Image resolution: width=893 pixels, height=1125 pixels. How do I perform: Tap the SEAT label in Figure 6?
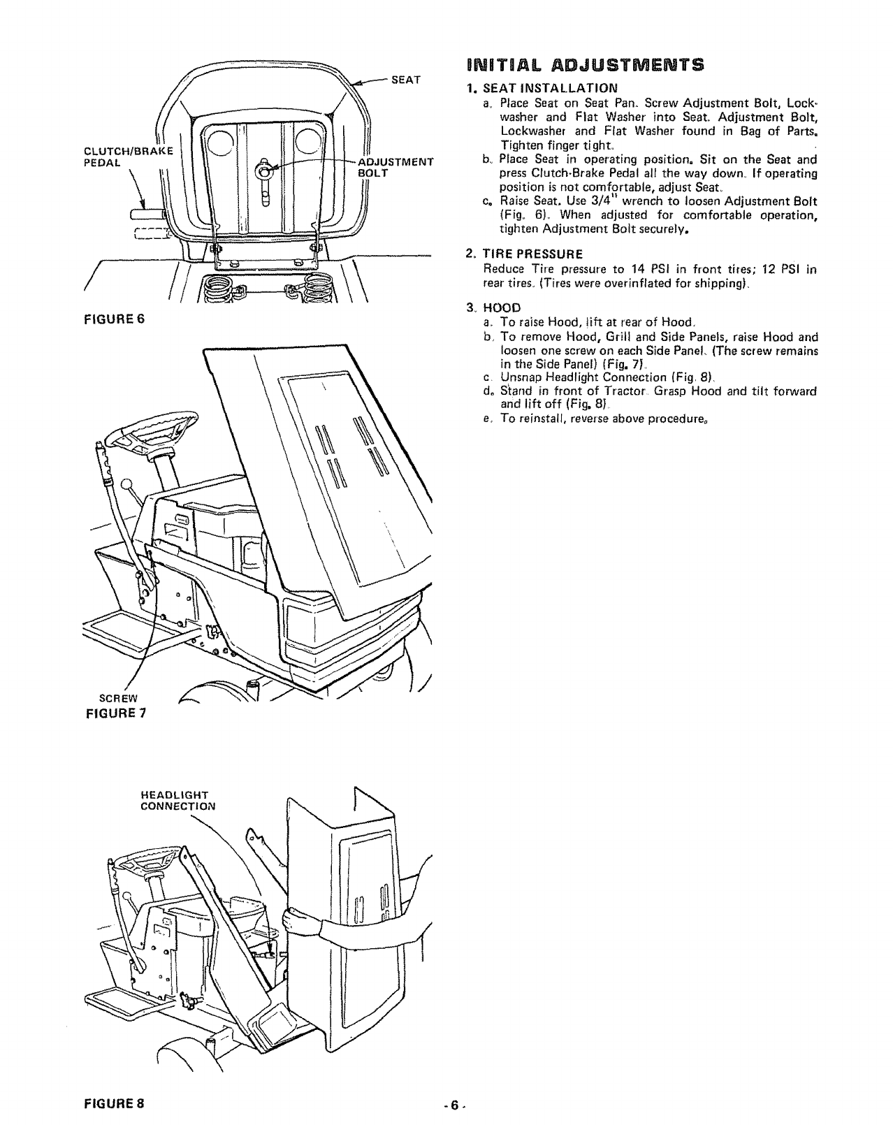[x=405, y=80]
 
